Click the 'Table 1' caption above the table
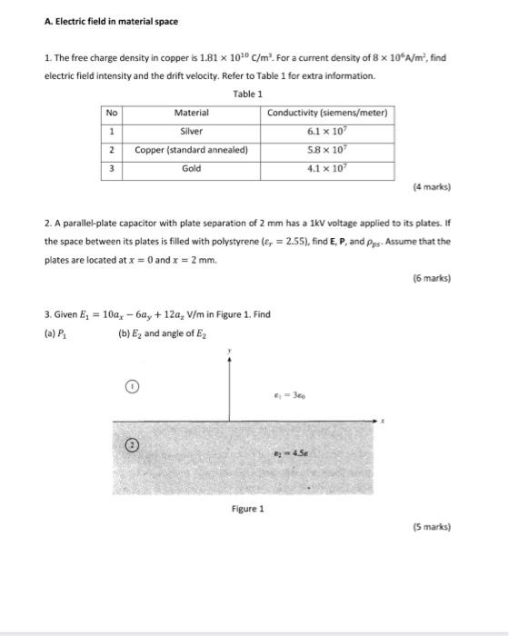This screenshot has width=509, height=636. coord(247,94)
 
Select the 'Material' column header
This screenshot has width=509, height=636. coord(192,113)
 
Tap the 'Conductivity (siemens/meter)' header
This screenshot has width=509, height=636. coord(328,113)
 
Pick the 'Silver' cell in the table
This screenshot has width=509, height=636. coord(192,131)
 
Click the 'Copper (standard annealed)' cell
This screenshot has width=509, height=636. coord(192,150)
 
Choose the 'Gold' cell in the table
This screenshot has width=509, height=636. coord(192,169)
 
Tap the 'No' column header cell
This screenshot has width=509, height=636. coord(111,113)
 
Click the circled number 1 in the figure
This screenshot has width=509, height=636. coord(131,386)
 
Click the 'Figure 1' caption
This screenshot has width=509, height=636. coord(247,509)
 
